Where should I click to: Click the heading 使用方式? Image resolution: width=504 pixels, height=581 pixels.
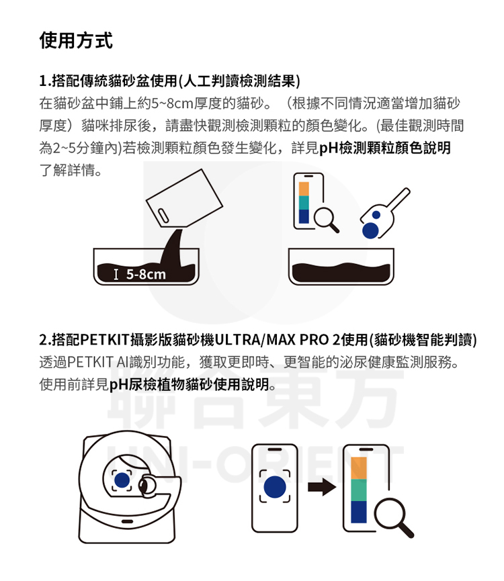(x=76, y=40)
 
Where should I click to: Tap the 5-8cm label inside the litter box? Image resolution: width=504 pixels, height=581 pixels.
(x=146, y=274)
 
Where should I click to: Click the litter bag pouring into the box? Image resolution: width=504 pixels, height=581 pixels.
(x=184, y=198)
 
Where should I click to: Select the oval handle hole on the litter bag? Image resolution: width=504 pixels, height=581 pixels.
(x=163, y=216)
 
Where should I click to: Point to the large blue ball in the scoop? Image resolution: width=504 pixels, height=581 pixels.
(x=370, y=230)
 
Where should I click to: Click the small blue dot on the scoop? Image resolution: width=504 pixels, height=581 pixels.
(x=376, y=215)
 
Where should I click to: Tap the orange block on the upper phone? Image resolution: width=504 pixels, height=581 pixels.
(x=304, y=189)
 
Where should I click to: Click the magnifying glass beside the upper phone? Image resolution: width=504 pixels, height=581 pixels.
(x=326, y=220)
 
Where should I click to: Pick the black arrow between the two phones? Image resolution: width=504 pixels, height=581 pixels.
(x=322, y=486)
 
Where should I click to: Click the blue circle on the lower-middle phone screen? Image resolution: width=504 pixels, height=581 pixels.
(x=275, y=487)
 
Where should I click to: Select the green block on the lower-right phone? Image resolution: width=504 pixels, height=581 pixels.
(x=358, y=490)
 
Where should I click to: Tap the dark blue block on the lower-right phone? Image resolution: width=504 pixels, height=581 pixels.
(x=358, y=512)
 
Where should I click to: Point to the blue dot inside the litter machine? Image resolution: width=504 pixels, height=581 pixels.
(x=122, y=480)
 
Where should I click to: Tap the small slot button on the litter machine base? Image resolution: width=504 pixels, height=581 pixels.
(x=127, y=521)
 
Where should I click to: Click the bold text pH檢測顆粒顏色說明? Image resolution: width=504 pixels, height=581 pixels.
(x=385, y=148)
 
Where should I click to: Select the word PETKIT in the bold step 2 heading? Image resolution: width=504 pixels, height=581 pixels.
(x=105, y=339)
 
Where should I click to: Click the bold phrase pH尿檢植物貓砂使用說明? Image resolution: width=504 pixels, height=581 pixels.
(x=190, y=384)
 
